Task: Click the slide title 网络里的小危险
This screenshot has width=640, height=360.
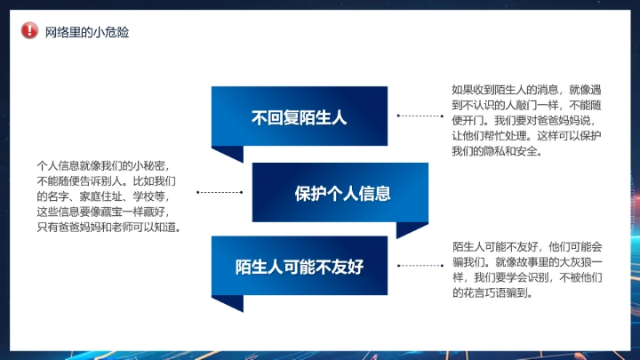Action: click(87, 32)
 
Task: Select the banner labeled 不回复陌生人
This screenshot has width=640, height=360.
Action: click(299, 116)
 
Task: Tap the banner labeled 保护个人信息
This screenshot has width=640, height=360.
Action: click(342, 192)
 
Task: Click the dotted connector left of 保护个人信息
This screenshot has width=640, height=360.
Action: click(220, 192)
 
